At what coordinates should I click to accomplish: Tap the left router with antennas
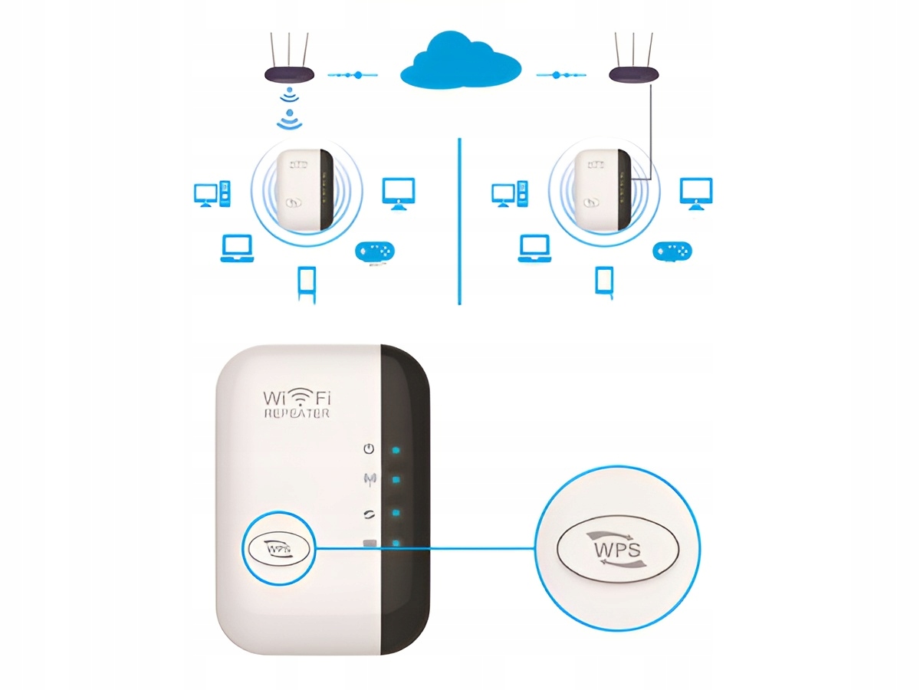pos(288,74)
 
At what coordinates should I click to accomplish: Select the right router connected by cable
pos(633,74)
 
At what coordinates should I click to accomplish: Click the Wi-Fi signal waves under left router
pos(288,107)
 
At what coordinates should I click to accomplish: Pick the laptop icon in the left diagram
pos(236,248)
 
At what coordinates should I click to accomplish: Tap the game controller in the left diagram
pos(375,251)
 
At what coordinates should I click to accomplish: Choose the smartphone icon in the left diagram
pos(307,284)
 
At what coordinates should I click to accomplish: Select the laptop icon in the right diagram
pos(534,248)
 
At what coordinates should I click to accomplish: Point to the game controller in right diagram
pos(672,251)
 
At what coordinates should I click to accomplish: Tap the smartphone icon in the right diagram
pos(604,281)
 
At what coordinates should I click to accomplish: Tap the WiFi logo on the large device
pos(296,396)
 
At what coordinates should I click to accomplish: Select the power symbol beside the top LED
pos(370,449)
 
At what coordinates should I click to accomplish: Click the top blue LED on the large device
pos(396,450)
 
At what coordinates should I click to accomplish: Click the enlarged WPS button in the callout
pos(616,549)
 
